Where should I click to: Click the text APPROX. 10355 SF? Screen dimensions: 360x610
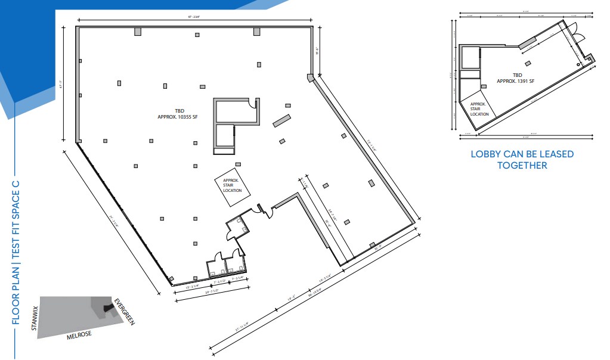tap(173, 117)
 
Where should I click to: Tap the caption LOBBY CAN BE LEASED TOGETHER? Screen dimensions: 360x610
tap(522, 160)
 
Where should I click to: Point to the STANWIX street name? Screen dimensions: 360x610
tap(35, 317)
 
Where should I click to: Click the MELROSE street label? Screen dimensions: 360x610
tap(79, 336)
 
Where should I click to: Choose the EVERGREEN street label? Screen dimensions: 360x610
tap(125, 311)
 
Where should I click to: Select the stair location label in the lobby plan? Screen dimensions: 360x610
tap(479, 109)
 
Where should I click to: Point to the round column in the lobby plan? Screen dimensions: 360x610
tap(577, 64)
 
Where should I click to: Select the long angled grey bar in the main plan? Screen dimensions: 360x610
tap(281, 120)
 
